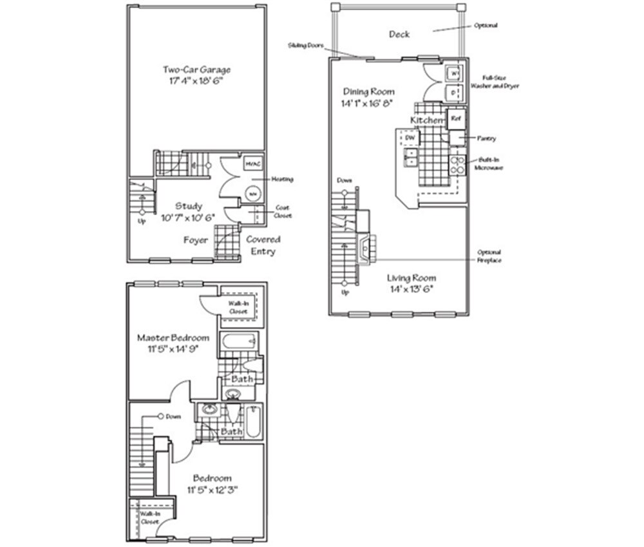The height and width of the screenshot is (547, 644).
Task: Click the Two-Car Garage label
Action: click(196, 70)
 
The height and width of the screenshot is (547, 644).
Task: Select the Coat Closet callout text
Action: click(283, 212)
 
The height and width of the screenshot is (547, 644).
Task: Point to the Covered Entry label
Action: click(263, 245)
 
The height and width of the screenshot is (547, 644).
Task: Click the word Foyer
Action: click(196, 240)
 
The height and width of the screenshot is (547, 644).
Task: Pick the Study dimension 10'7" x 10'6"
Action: click(189, 218)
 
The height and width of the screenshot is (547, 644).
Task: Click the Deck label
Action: click(399, 34)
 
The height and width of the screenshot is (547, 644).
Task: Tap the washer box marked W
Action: click(453, 73)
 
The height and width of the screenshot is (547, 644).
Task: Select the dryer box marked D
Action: click(453, 93)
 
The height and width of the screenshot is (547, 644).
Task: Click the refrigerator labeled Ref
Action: click(456, 119)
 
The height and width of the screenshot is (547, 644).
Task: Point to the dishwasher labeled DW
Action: click(409, 137)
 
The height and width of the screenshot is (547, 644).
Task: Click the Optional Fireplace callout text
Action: click(489, 255)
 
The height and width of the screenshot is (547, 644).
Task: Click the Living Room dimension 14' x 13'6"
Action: click(410, 289)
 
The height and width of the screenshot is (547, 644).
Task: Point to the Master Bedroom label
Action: click(173, 337)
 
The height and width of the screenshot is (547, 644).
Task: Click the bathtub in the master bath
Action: click(239, 342)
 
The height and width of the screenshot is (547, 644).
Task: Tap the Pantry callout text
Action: click(486, 138)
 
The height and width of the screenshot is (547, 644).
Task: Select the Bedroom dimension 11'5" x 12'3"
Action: click(212, 490)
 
